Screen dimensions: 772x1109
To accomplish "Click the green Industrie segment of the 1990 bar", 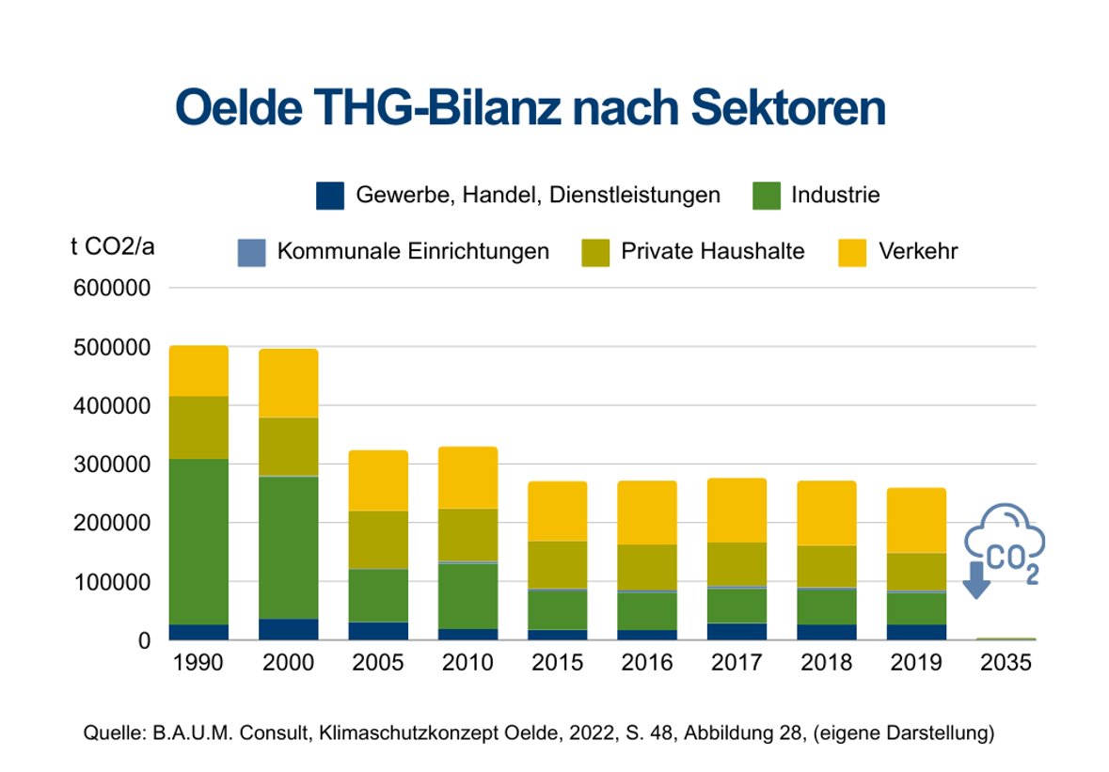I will tap(198, 541).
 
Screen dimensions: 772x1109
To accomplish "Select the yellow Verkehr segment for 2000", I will tap(289, 384).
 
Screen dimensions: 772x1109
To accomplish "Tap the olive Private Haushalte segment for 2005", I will tap(378, 540).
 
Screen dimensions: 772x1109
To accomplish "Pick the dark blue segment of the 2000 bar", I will tap(289, 629).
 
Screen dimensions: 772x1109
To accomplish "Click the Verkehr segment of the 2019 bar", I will tap(916, 520).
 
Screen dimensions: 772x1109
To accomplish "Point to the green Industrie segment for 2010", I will tap(467, 595).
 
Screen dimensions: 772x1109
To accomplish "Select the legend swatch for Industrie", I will tap(768, 196).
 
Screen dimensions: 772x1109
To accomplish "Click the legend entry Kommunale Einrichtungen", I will tap(413, 252).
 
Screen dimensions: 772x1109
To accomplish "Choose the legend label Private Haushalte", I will tap(712, 252).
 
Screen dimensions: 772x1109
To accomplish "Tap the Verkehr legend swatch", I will tap(852, 252).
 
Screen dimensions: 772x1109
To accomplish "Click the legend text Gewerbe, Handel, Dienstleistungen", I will tap(538, 196).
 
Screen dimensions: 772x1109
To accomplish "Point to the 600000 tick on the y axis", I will tap(112, 289).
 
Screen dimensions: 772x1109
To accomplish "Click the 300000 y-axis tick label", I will tap(112, 465).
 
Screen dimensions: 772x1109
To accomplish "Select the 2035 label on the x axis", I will tap(1006, 663).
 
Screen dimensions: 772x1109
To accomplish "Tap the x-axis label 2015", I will tap(558, 663).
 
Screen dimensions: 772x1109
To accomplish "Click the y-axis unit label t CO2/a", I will tap(113, 247).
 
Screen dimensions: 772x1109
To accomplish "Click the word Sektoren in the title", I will tap(788, 109).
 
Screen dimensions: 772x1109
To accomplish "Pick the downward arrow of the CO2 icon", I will tap(975, 581).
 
